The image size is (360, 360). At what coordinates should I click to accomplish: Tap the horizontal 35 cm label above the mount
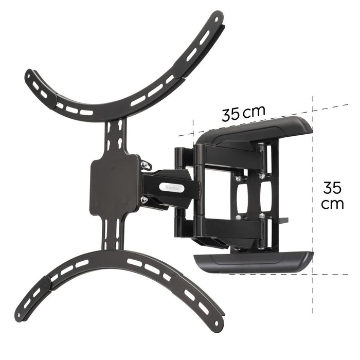pyautogui.click(x=243, y=113)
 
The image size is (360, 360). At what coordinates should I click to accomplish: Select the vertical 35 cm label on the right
pyautogui.click(x=332, y=195)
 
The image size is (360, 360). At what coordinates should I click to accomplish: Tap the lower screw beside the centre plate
pyautogui.click(x=145, y=200)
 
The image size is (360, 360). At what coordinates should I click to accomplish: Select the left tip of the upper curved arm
pyautogui.click(x=32, y=77)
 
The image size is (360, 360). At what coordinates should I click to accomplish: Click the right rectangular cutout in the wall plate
pyautogui.click(x=264, y=195)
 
